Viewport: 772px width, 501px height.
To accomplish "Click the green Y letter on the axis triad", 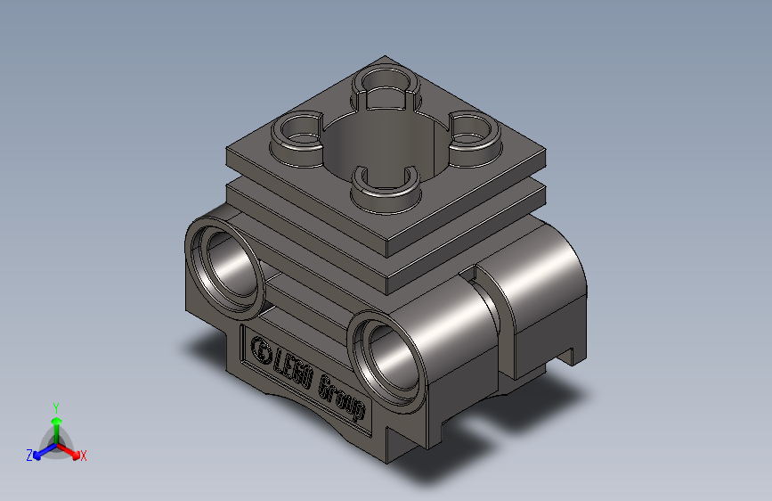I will pos(55,406).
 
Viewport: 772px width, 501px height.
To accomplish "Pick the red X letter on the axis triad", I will pos(83,456).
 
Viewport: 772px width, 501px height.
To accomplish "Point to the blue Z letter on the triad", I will pos(29,456).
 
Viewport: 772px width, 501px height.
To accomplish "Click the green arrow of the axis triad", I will pos(55,424).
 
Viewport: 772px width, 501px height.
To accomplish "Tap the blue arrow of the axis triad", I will pos(41,450).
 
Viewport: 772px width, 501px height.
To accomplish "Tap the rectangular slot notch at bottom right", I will pos(568,357).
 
